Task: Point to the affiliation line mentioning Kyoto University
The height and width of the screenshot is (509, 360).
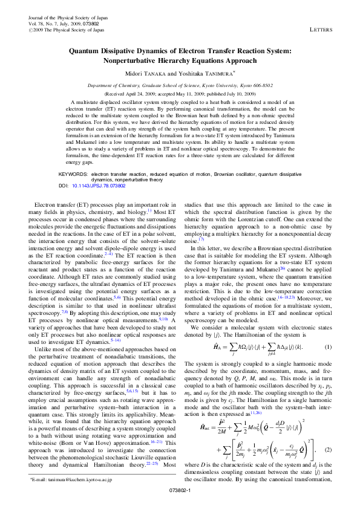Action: (180, 86)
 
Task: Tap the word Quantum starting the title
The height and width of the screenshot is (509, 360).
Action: (87, 52)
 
